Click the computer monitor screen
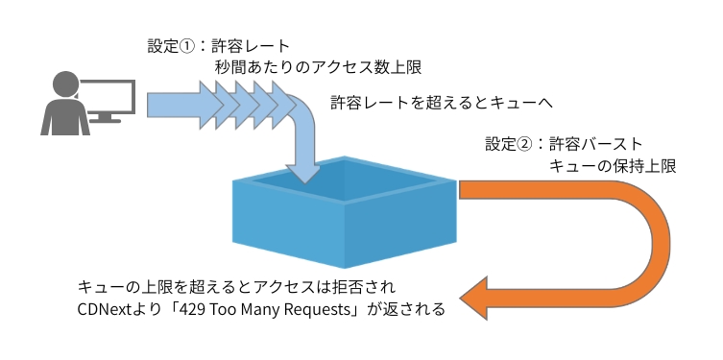coord(108,91)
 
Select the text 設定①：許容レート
coord(218,45)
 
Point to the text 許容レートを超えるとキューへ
coord(443,102)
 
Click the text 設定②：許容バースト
coord(557,144)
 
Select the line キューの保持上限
coord(612,166)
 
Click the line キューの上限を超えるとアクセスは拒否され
coord(235,287)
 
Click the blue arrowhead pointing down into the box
coord(306,173)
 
